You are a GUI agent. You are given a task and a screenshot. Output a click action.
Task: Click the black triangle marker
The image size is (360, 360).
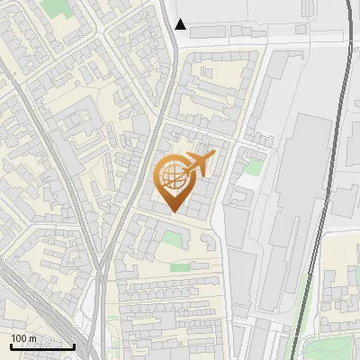pyautogui.click(x=181, y=24)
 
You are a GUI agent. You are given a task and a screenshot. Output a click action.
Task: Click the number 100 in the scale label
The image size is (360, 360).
pyautogui.click(x=20, y=338)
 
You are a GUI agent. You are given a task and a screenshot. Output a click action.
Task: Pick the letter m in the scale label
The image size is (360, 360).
pyautogui.click(x=32, y=338)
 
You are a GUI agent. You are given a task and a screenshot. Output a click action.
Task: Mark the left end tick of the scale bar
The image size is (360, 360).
pyautogui.click(x=11, y=346)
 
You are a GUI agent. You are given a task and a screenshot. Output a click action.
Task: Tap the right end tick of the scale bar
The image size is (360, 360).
pyautogui.click(x=74, y=346)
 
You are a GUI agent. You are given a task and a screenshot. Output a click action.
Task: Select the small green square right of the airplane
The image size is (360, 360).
pyautogui.click(x=256, y=167)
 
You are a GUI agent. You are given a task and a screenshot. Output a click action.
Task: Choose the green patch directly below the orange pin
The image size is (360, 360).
pyautogui.click(x=172, y=239)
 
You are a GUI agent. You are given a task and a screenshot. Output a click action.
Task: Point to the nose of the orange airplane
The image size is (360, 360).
pyautogui.click(x=214, y=156)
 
